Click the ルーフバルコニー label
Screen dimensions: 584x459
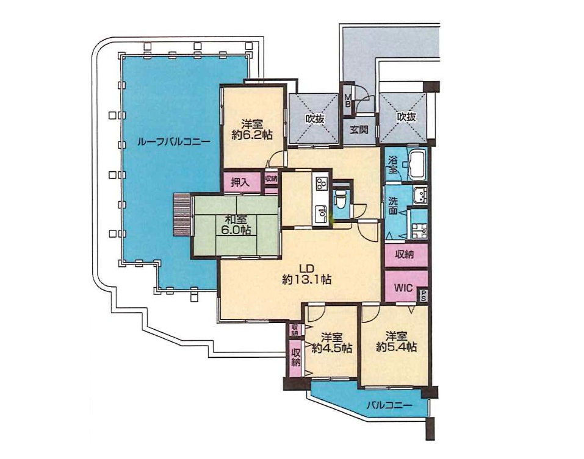point(173,141)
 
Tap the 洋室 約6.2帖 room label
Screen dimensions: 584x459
point(252,129)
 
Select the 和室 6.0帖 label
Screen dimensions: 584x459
point(236,224)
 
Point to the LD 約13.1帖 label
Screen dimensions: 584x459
point(307,274)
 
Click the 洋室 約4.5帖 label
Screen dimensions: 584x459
point(332,343)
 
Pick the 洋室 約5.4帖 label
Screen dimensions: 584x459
point(396,341)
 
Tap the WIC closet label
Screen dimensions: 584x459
point(403,288)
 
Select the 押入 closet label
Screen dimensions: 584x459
point(240,182)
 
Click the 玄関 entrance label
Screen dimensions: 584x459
point(359,129)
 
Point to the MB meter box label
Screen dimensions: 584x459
point(347,101)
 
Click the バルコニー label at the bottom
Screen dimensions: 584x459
point(389,405)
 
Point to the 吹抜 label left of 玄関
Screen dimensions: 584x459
point(315,119)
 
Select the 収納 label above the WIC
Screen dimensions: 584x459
point(405,254)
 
